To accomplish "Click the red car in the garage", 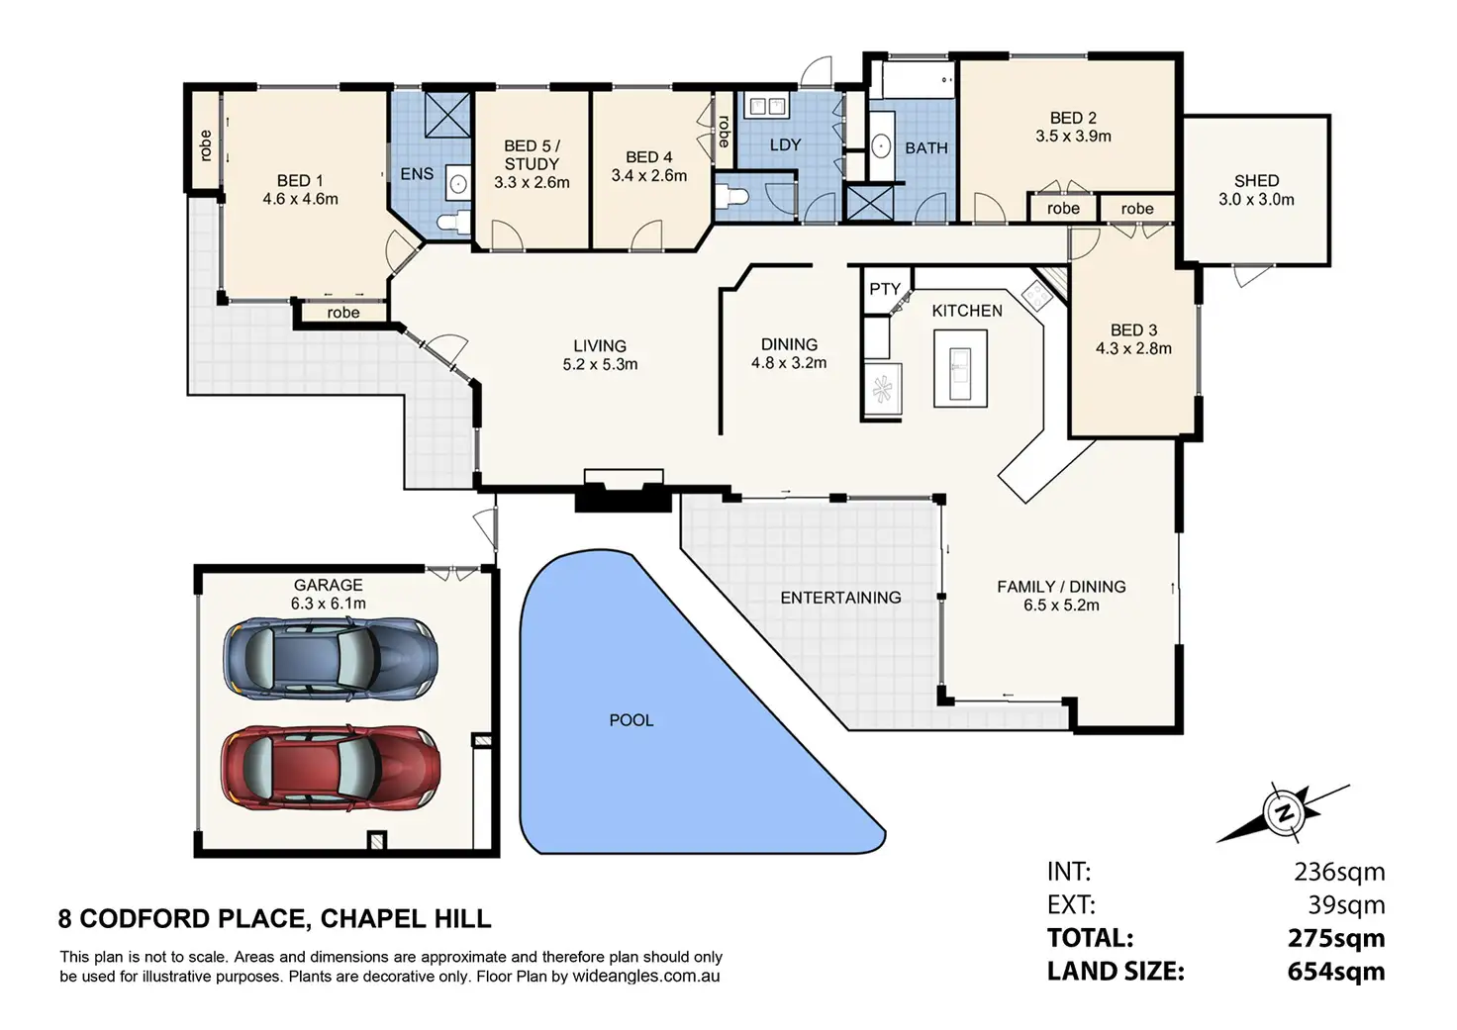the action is (331, 768).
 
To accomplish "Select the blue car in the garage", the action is (331, 659).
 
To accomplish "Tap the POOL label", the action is (631, 720).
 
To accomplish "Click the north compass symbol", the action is (1285, 813).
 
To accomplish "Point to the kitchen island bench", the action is (960, 369).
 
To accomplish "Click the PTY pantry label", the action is (885, 289).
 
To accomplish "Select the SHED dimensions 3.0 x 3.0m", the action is (1256, 200).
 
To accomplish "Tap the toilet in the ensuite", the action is (453, 221).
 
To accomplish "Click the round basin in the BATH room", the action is (881, 147).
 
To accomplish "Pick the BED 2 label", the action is (1073, 118).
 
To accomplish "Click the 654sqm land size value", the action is (1336, 972).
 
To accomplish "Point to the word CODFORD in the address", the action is (192, 919).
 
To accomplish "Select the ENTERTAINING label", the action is (840, 598).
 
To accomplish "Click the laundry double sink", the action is (766, 105).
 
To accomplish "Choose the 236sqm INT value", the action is (1339, 872).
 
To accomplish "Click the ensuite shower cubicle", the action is (447, 115).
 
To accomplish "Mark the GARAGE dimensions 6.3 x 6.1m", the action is (328, 605).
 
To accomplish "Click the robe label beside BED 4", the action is (724, 132).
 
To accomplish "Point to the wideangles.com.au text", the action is (646, 976).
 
